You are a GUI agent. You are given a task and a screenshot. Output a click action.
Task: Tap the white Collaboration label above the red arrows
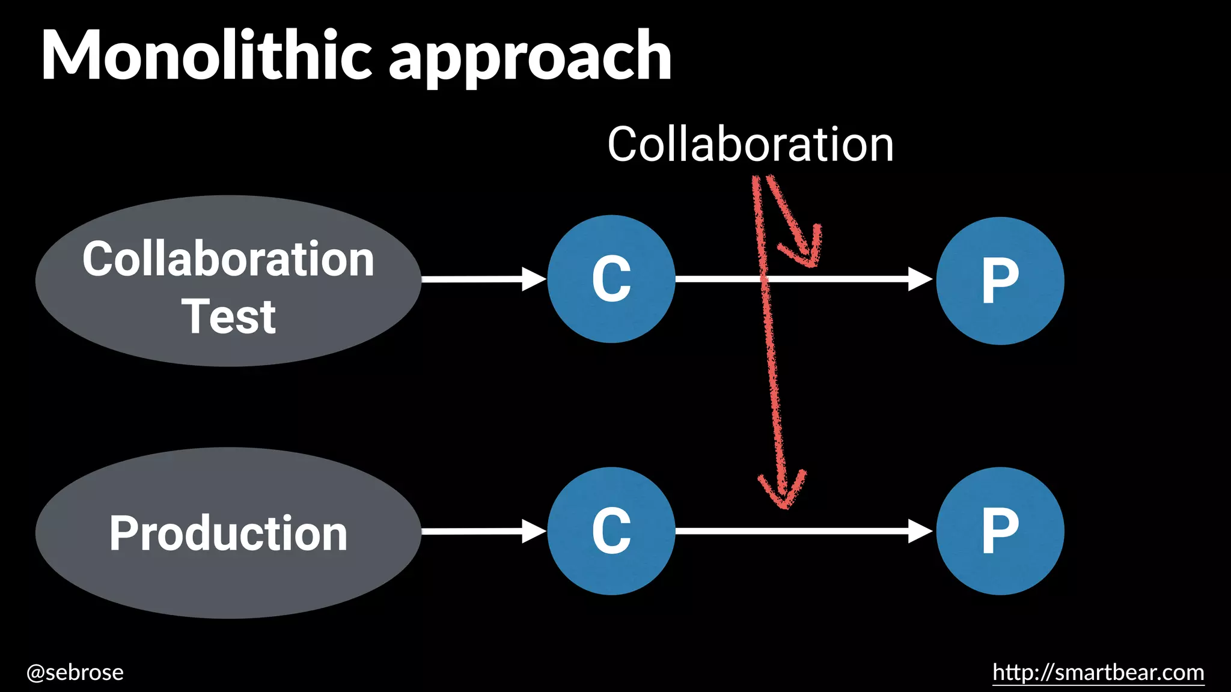point(750,145)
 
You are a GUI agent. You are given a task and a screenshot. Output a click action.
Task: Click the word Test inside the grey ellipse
point(228,317)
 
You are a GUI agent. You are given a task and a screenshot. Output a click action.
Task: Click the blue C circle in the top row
point(611,279)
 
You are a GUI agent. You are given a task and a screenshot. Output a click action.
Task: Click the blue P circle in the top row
point(1000,281)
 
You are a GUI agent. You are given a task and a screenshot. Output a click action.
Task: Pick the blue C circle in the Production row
point(611,531)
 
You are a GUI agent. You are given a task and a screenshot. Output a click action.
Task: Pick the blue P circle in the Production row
point(1000,531)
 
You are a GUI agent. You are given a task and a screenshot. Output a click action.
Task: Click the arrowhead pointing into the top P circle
point(920,279)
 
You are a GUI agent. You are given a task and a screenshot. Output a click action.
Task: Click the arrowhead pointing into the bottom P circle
point(920,531)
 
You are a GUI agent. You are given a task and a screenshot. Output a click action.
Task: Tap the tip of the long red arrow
point(784,505)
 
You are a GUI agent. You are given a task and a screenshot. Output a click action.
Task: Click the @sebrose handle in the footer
point(75,672)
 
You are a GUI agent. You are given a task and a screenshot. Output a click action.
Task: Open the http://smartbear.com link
point(1098,672)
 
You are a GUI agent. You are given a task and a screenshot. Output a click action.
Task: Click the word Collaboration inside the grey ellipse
point(228,259)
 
